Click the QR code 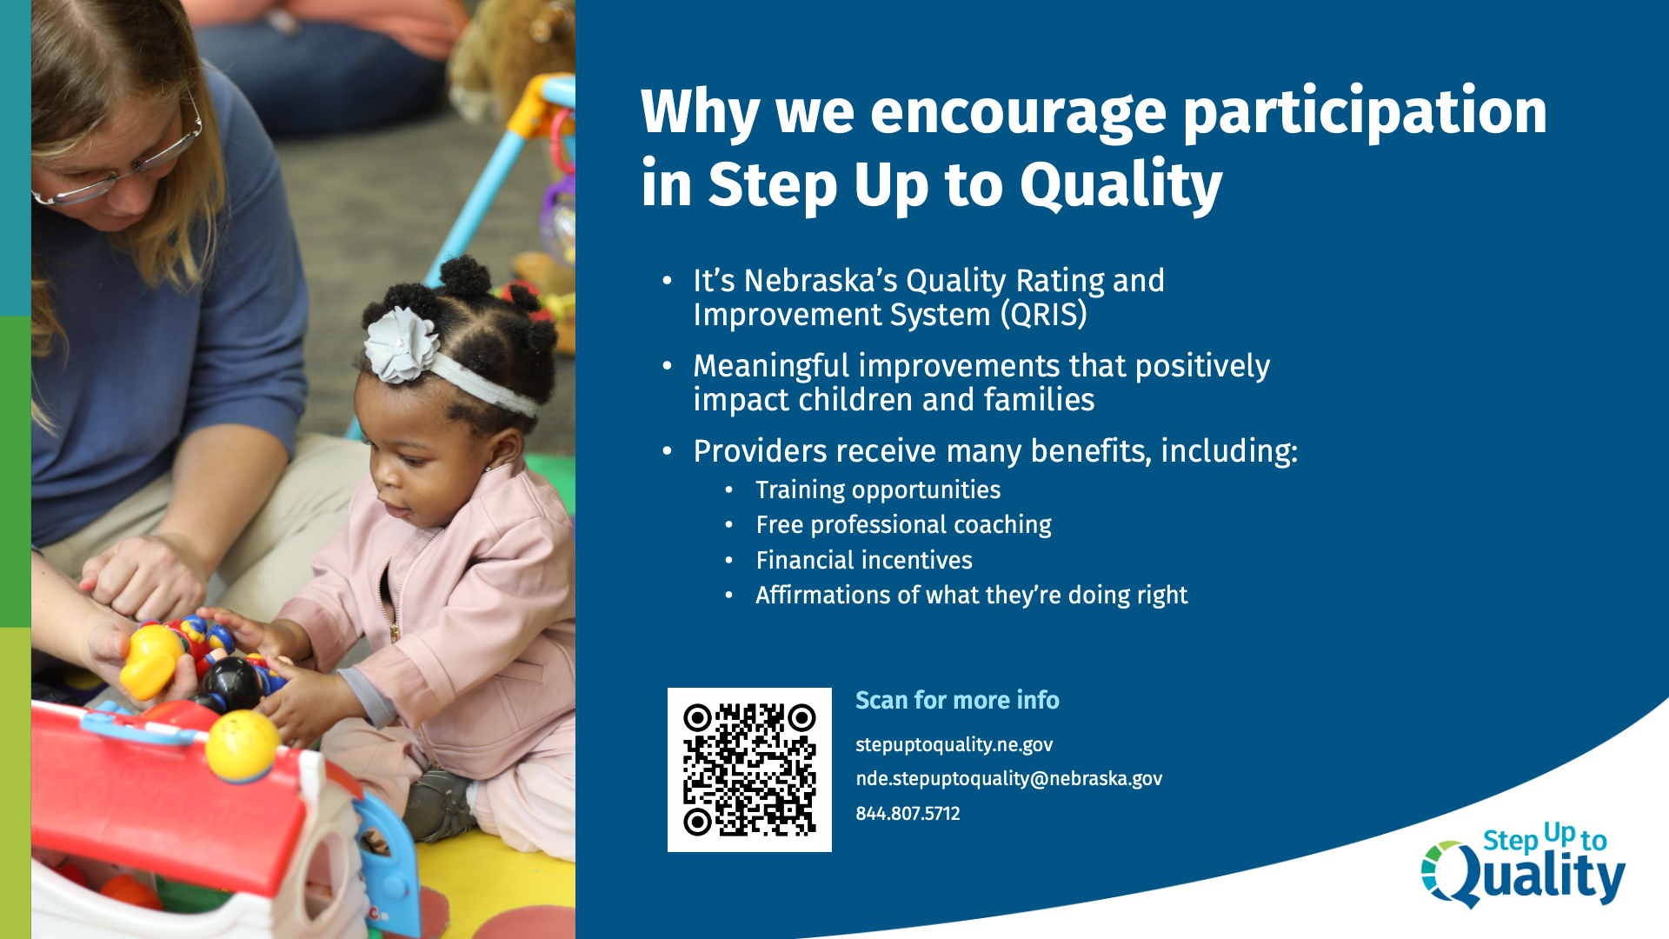pos(749,769)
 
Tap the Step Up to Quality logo pos(1523,865)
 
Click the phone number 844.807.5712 pos(908,814)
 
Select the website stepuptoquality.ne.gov pos(954,745)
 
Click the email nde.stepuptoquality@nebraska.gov pos(1008,779)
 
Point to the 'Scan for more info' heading pos(957,700)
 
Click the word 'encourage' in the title pos(1018,113)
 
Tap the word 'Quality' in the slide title pos(1120,186)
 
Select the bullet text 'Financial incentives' pos(864,560)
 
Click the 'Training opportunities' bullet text pos(878,490)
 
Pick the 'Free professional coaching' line pos(903,525)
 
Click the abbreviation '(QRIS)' pos(1043,315)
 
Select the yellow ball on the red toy pos(243,746)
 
